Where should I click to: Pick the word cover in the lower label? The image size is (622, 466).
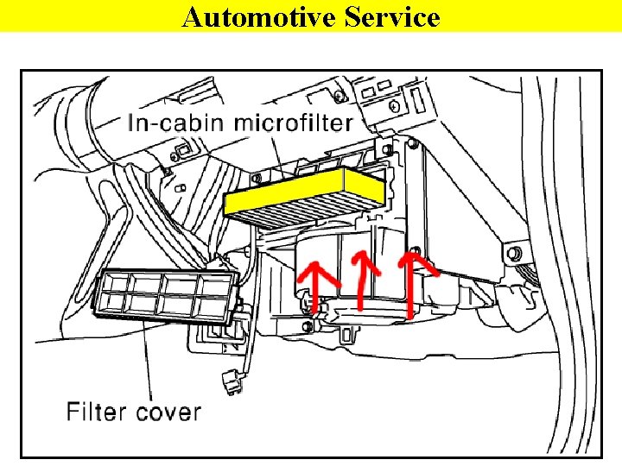tap(166, 411)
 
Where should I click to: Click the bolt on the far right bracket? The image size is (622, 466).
tap(515, 254)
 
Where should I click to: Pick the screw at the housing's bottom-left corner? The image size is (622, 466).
tap(308, 326)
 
